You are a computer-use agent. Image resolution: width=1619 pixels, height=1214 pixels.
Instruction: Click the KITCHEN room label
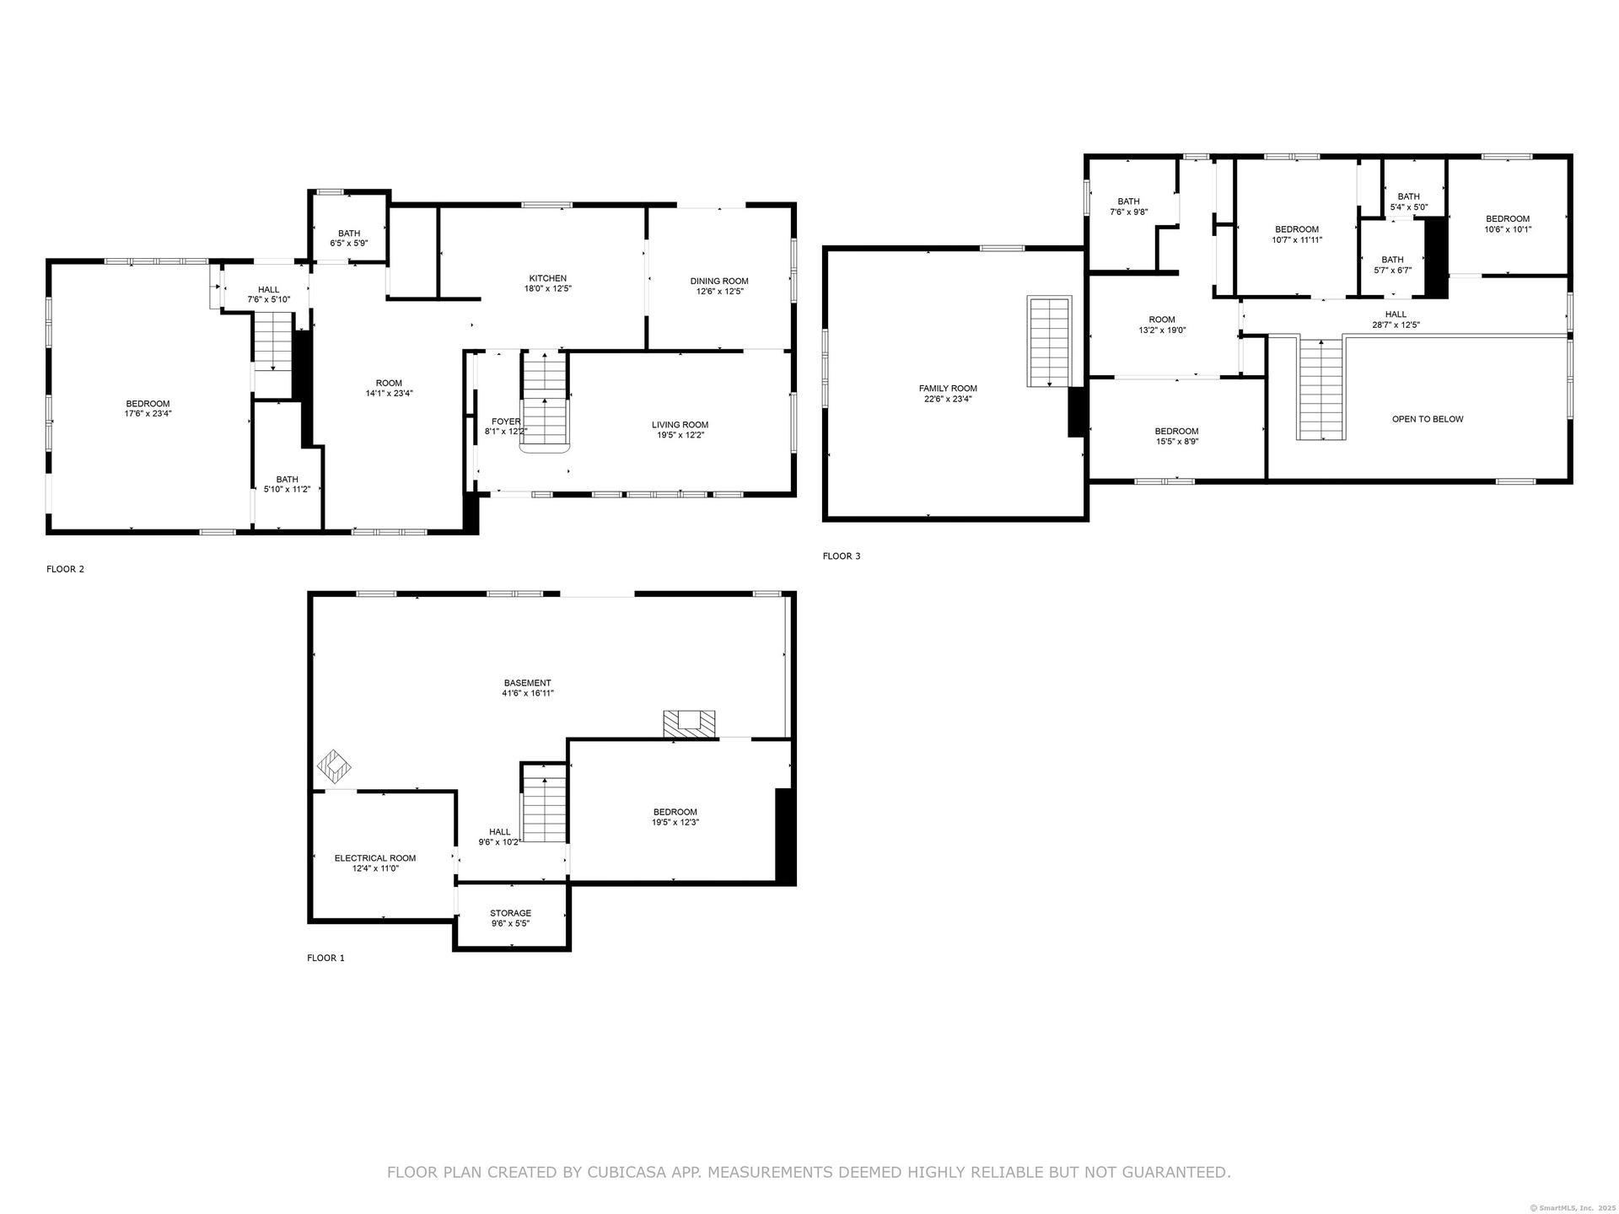tap(548, 278)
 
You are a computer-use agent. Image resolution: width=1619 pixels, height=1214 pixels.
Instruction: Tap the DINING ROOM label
tap(719, 282)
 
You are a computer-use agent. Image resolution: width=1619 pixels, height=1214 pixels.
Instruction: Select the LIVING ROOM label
tap(680, 425)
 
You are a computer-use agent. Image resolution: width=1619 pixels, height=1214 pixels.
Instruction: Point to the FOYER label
tap(506, 422)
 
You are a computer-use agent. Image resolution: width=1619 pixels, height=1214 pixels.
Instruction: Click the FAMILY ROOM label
tap(948, 389)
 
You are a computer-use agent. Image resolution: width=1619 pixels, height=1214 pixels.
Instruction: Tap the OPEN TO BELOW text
tap(1428, 419)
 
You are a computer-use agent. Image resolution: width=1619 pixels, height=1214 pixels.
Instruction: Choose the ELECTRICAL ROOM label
tap(375, 858)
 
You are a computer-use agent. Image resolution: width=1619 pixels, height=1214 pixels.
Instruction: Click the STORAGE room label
tap(511, 913)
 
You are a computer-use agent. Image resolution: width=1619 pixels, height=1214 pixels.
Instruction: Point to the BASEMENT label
tap(528, 683)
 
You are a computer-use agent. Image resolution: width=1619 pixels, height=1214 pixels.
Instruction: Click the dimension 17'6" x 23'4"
tap(148, 414)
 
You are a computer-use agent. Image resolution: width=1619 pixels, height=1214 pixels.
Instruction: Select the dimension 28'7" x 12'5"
tap(1396, 325)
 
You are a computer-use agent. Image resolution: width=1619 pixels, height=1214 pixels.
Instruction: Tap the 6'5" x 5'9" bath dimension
tap(349, 244)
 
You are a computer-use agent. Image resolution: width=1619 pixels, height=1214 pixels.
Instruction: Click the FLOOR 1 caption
tap(325, 958)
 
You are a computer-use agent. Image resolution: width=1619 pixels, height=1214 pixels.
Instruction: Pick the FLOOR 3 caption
tap(842, 556)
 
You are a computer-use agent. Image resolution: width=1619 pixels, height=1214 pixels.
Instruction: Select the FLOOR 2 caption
tap(66, 569)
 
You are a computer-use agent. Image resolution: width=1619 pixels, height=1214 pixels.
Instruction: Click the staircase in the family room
tap(1049, 341)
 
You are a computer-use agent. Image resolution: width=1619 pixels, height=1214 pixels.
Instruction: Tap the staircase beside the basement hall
tap(544, 803)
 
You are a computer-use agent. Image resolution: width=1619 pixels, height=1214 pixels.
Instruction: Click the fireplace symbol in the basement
tap(689, 724)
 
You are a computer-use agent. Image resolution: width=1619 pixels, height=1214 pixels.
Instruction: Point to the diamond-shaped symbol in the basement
tap(334, 766)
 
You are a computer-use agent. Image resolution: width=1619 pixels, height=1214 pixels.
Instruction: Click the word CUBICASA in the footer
tap(652, 1172)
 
